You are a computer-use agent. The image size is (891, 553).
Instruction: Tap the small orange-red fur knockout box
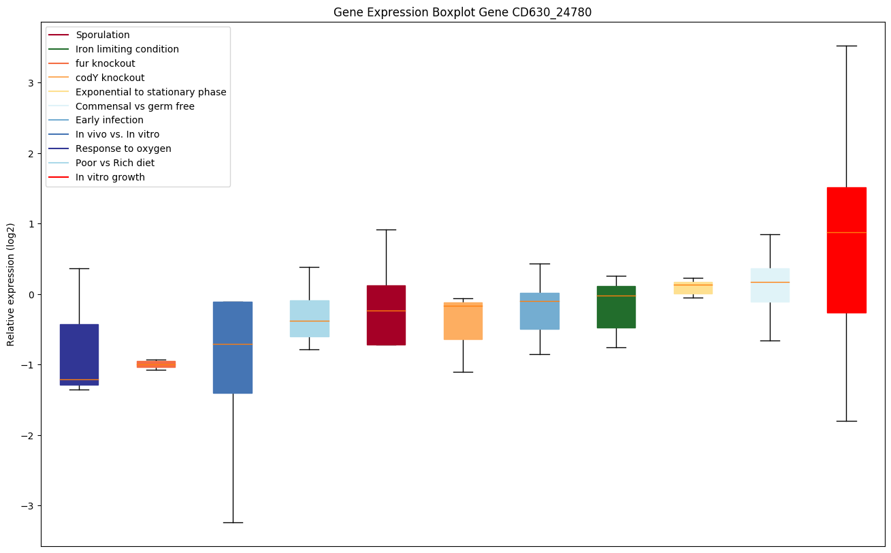156,364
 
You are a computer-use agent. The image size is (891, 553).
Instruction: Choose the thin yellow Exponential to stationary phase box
693,288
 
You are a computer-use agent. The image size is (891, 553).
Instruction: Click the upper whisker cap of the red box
846,46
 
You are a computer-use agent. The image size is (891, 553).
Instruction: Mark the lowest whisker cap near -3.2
233,522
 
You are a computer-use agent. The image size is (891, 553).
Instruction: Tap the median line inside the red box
846,232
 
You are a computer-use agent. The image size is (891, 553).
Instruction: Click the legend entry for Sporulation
103,35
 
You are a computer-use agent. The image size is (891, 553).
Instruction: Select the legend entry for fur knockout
106,63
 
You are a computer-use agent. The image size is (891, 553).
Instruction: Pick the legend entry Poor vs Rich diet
115,163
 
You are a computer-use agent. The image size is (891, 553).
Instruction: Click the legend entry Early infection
110,120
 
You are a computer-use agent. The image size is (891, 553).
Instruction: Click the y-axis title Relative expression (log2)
10,284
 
